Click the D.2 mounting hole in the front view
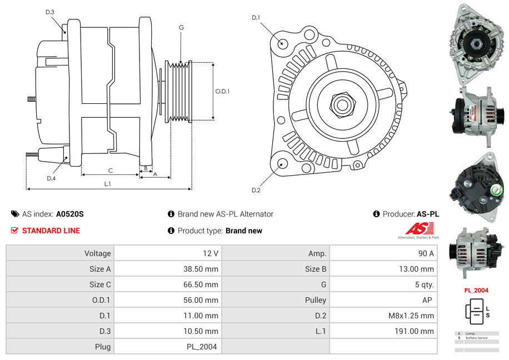[282, 163]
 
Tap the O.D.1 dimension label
[222, 92]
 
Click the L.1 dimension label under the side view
[108, 183]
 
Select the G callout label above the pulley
[181, 28]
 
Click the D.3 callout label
[50, 12]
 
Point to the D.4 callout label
[51, 178]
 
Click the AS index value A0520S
[69, 214]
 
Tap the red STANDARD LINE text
[51, 231]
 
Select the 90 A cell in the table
[426, 253]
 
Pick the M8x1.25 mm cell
[411, 316]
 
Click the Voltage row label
[98, 253]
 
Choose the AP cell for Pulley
[428, 300]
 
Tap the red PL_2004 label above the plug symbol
[476, 290]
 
